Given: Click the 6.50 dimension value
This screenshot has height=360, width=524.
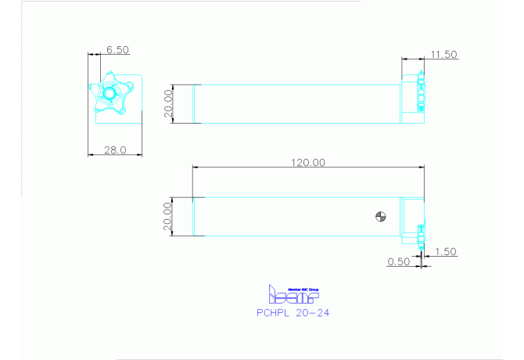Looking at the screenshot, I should point(117,49).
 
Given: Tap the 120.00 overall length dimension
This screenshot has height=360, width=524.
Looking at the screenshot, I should point(308,162).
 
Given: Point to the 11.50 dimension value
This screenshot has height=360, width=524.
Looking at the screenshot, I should point(443,54).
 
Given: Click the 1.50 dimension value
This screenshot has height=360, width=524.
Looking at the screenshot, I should point(444,251).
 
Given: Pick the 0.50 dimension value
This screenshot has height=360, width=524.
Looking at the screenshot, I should point(399,262).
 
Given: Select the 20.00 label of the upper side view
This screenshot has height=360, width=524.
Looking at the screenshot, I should point(167,103).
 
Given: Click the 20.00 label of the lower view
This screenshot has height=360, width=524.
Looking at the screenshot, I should point(167,217).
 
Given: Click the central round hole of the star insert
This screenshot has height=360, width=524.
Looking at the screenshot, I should point(109,93).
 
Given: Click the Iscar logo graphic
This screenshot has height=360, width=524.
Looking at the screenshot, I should point(293,296).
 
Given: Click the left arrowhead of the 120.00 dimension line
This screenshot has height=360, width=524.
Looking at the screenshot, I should point(196,167).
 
